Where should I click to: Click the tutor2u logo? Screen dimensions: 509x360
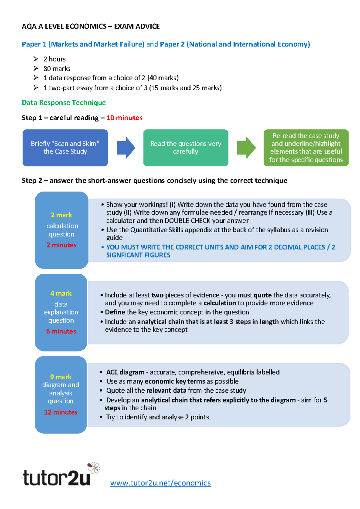pyautogui.click(x=57, y=477)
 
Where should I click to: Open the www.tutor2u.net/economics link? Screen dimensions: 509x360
pyautogui.click(x=160, y=483)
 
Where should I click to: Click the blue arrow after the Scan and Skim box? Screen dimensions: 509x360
pyautogui.click(x=126, y=147)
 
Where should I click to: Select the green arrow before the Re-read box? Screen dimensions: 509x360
pyautogui.click(x=246, y=147)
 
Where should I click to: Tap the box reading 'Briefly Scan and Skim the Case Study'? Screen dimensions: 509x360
pyautogui.click(x=65, y=147)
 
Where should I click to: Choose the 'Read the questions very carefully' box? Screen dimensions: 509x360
pyautogui.click(x=186, y=147)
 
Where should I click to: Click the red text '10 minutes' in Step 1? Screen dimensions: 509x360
pyautogui.click(x=124, y=118)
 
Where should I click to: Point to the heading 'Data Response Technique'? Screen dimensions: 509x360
pyautogui.click(x=64, y=103)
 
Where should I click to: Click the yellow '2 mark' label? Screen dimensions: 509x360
pyautogui.click(x=61, y=215)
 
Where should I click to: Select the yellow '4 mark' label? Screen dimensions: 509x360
pyautogui.click(x=61, y=293)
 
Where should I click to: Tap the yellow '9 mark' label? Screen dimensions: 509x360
pyautogui.click(x=61, y=377)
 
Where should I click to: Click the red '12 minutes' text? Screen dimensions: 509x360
pyautogui.click(x=61, y=412)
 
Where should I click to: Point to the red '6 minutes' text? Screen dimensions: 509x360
pyautogui.click(x=61, y=331)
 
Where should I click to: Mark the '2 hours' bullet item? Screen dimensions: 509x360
pyautogui.click(x=54, y=59)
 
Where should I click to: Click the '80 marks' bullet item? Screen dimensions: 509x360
pyautogui.click(x=57, y=69)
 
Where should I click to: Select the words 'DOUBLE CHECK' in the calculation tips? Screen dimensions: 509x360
pyautogui.click(x=187, y=221)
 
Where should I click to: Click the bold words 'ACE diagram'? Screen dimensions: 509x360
pyautogui.click(x=125, y=372)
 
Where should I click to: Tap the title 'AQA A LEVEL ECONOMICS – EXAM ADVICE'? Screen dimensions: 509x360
pyautogui.click(x=91, y=26)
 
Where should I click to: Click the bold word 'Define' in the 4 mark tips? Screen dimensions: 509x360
pyautogui.click(x=115, y=312)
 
